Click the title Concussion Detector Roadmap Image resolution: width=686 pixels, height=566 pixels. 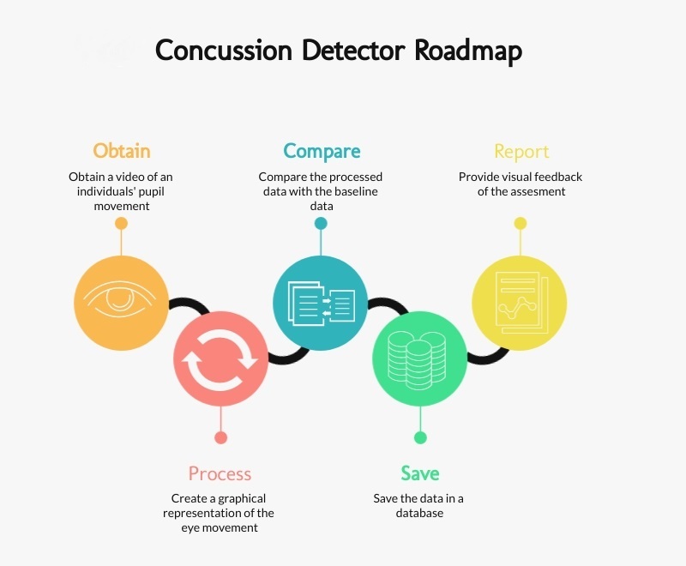pos(338,51)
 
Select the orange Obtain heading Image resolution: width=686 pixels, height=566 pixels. pos(121,151)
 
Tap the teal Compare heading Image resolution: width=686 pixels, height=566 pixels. pos(321,151)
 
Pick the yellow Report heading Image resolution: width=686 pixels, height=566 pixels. pos(521,152)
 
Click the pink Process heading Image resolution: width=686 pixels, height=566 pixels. pos(220,473)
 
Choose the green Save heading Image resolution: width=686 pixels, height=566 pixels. pos(419,473)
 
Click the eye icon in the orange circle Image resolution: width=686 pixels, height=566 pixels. pos(120,296)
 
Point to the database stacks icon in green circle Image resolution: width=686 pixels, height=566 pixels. pos(418,358)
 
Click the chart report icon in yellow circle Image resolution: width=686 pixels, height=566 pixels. pos(519,302)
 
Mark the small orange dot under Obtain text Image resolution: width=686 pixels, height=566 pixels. pos(121,223)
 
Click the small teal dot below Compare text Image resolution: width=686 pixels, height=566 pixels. pos(321,223)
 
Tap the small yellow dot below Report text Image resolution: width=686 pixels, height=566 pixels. pos(520,223)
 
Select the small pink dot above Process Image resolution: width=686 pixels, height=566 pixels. pos(220,437)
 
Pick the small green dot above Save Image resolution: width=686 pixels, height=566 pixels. pos(420,437)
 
